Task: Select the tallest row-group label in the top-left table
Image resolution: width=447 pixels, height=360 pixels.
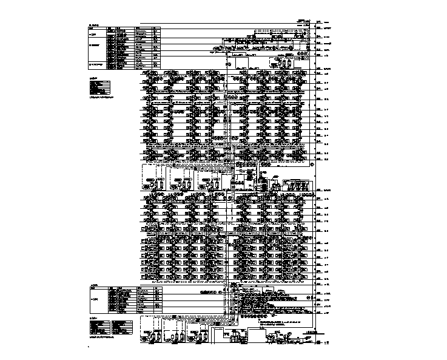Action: point(95,45)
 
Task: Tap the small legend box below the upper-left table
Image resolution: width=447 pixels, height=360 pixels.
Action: point(99,87)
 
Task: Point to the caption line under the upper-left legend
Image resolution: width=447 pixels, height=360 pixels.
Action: point(103,97)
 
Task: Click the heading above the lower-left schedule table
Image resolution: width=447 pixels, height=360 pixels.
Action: point(93,284)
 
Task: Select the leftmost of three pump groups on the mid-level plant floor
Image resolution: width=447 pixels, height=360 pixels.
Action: point(156,183)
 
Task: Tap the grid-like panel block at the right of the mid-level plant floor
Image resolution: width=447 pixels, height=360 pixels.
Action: point(297,183)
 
